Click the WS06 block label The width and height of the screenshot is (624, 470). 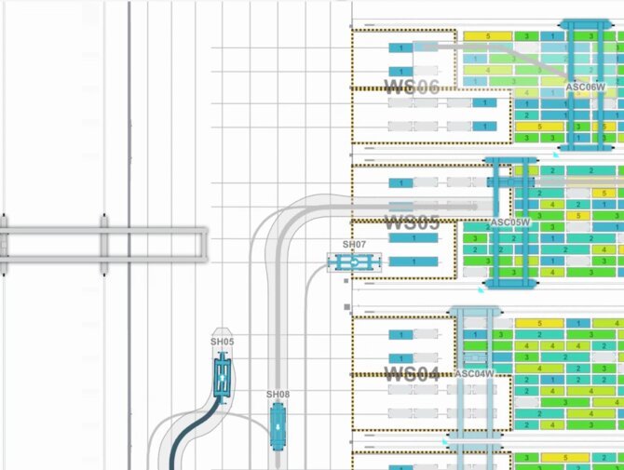412,87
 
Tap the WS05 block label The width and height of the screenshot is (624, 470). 412,224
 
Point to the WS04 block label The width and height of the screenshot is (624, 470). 412,374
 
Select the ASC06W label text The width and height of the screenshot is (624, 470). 586,87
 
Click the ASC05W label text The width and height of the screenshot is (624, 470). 509,222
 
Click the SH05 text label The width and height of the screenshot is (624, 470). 222,342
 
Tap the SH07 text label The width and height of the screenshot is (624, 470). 355,244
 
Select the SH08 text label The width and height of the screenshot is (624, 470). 278,395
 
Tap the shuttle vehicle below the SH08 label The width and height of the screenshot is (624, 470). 278,428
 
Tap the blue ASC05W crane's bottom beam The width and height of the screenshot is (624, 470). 509,281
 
